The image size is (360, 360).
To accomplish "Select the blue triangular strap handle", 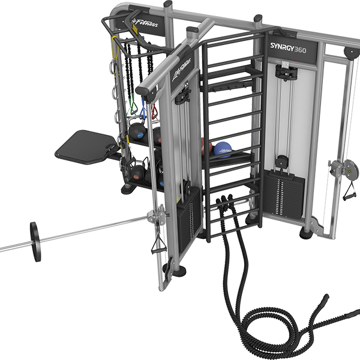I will [x=143, y=112].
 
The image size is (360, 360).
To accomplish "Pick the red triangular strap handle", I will [x=154, y=111].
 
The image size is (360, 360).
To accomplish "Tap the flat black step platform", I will [x=84, y=145].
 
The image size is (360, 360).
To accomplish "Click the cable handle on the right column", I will [x=347, y=191].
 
